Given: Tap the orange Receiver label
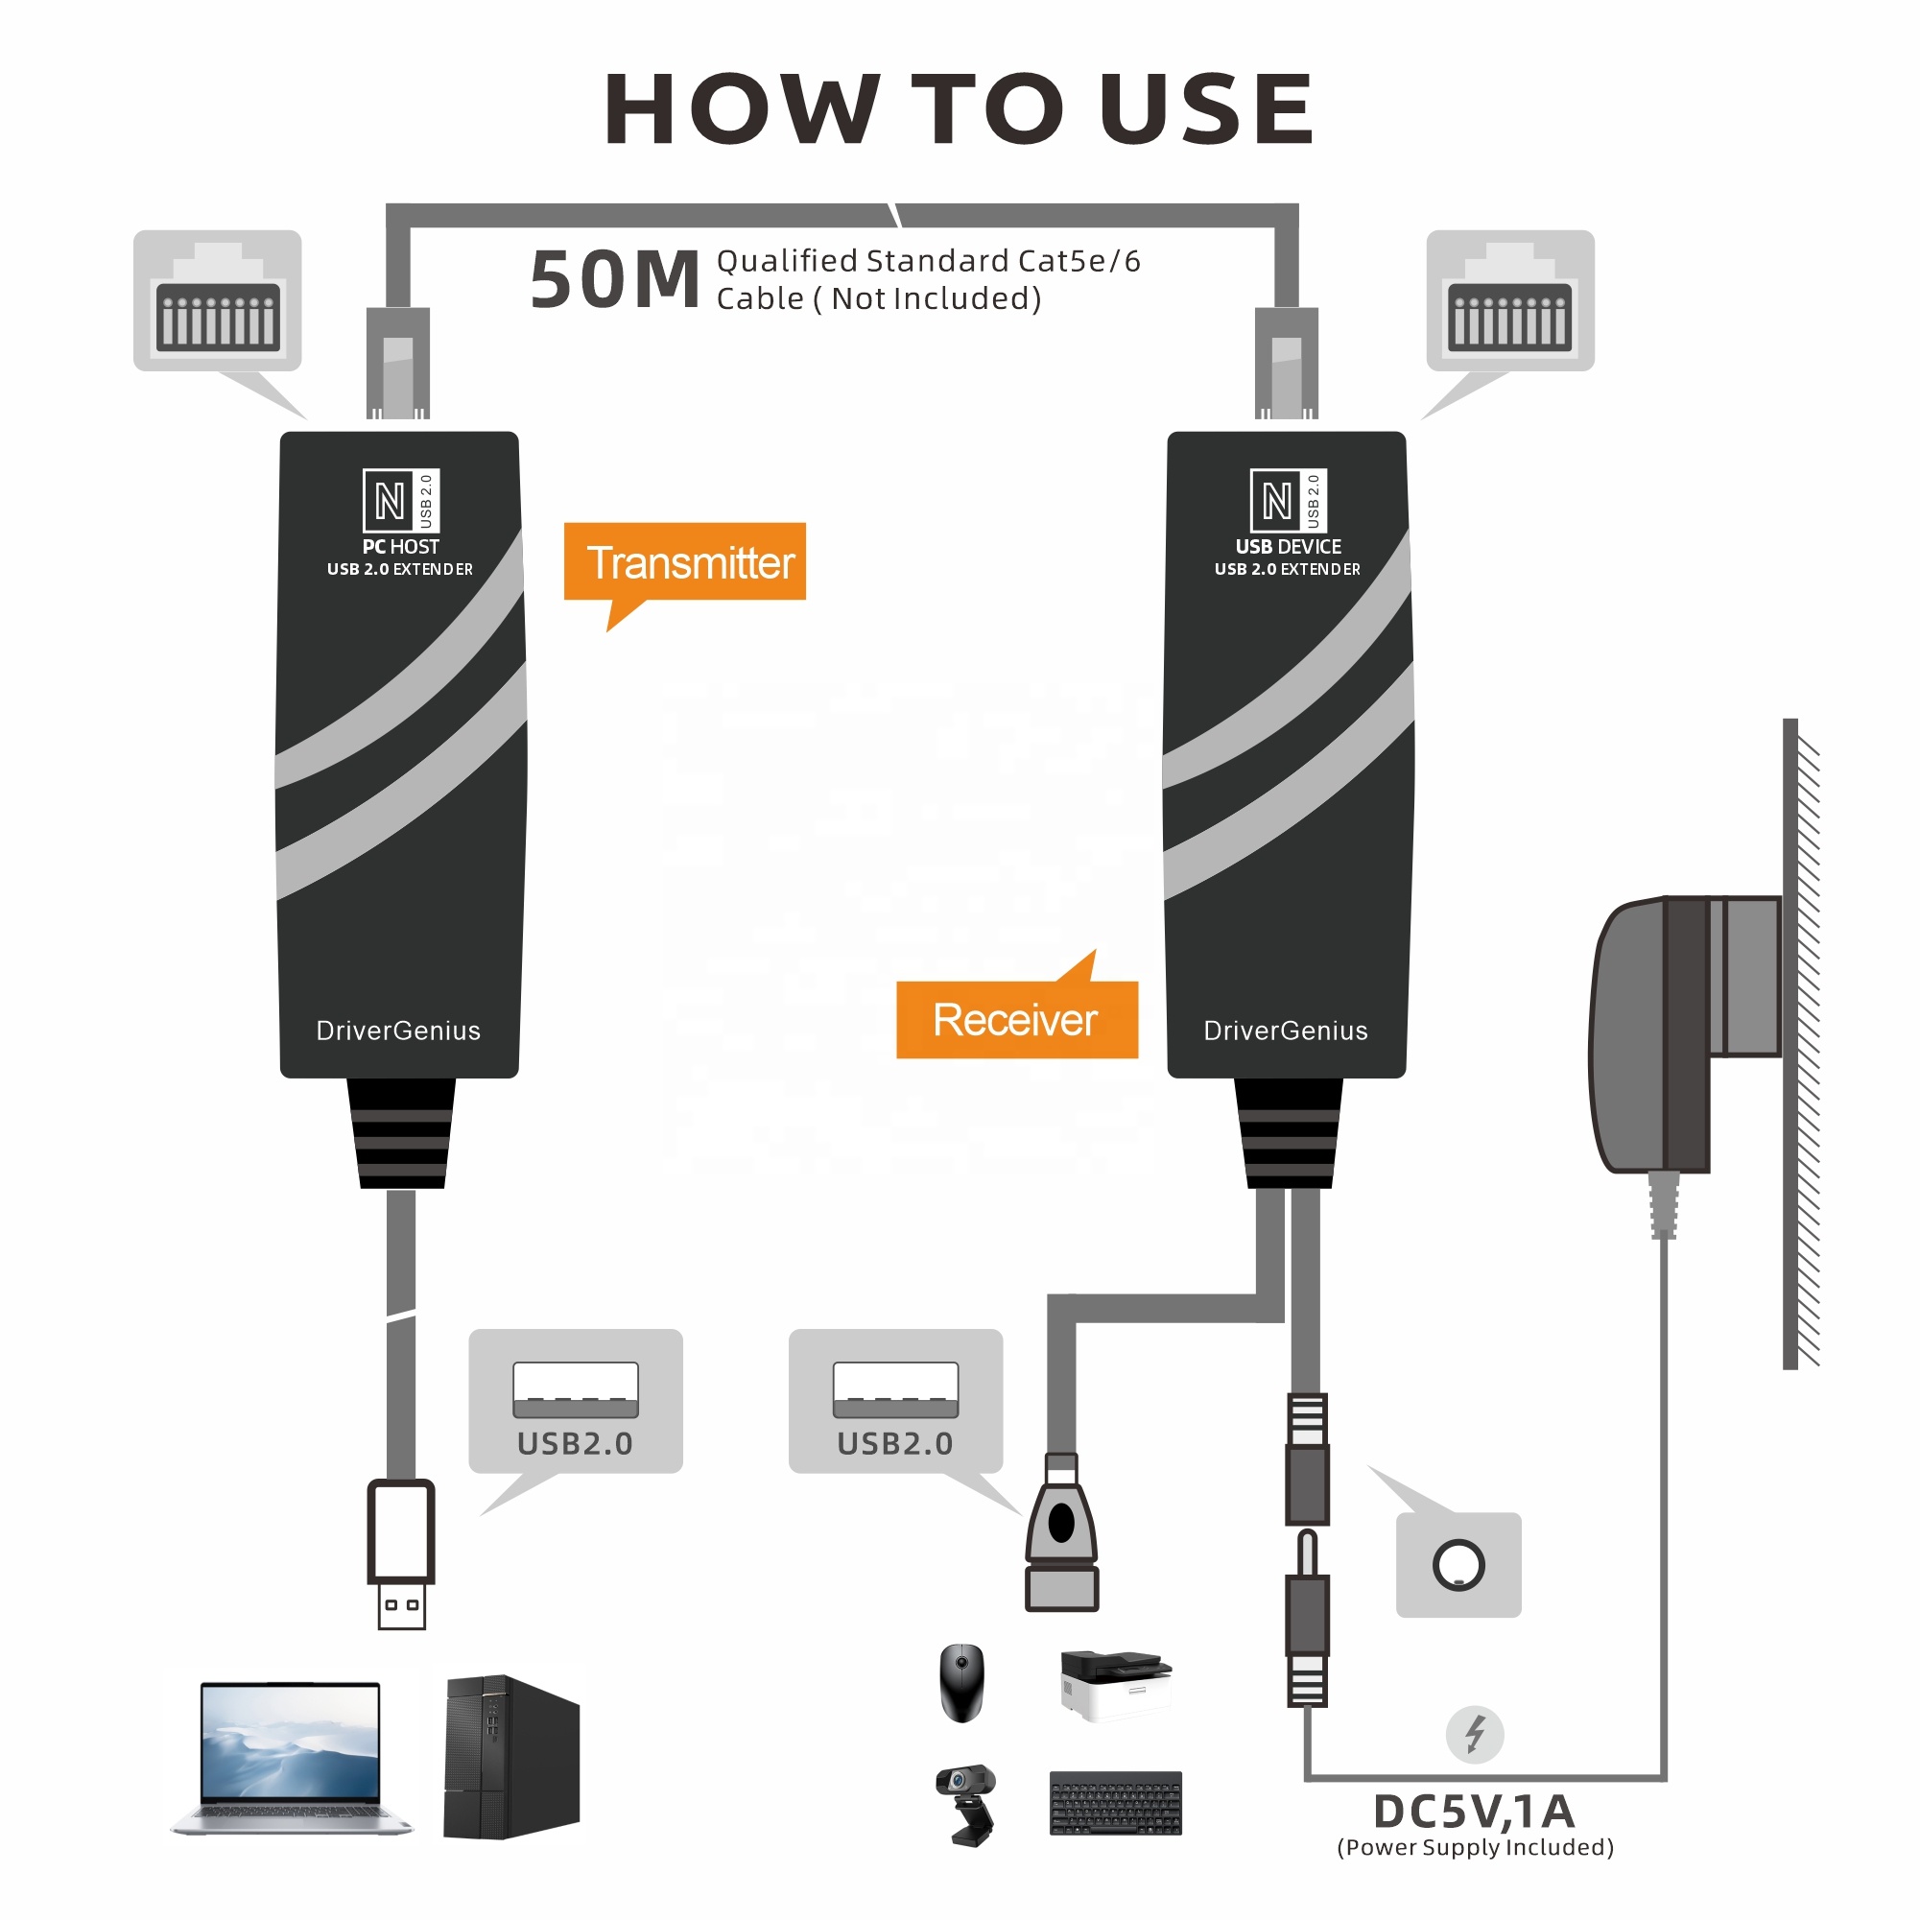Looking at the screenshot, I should (1015, 1021).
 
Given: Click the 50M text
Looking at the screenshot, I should (614, 280).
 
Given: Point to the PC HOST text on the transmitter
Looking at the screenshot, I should (399, 547).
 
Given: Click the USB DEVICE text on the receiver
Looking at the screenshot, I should (1288, 547).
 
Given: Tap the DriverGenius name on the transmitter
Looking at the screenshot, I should (397, 1031).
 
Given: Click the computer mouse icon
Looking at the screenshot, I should (961, 1682).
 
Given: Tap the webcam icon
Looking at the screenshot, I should (967, 1804).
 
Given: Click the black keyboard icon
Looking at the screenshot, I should (1115, 1803).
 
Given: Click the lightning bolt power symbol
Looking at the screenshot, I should (1474, 1735).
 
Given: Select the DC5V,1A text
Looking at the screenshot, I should (1474, 1812).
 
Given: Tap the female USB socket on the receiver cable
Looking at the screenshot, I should (1061, 1535).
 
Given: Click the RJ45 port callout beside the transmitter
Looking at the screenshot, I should (217, 302).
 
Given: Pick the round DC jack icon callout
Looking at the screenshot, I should (1458, 1565).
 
